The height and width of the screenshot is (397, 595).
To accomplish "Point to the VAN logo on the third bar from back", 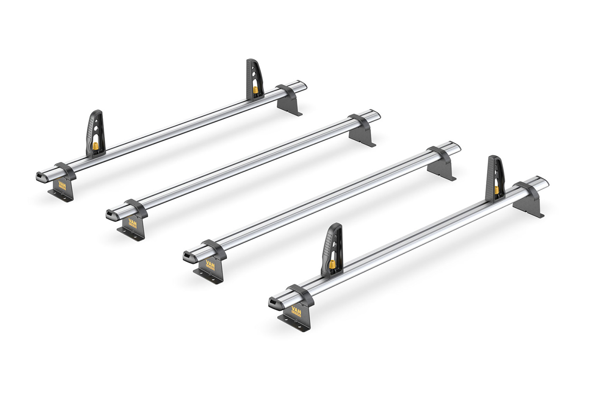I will coord(210,264).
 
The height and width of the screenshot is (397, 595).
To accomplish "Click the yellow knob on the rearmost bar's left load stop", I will coord(96,146).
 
